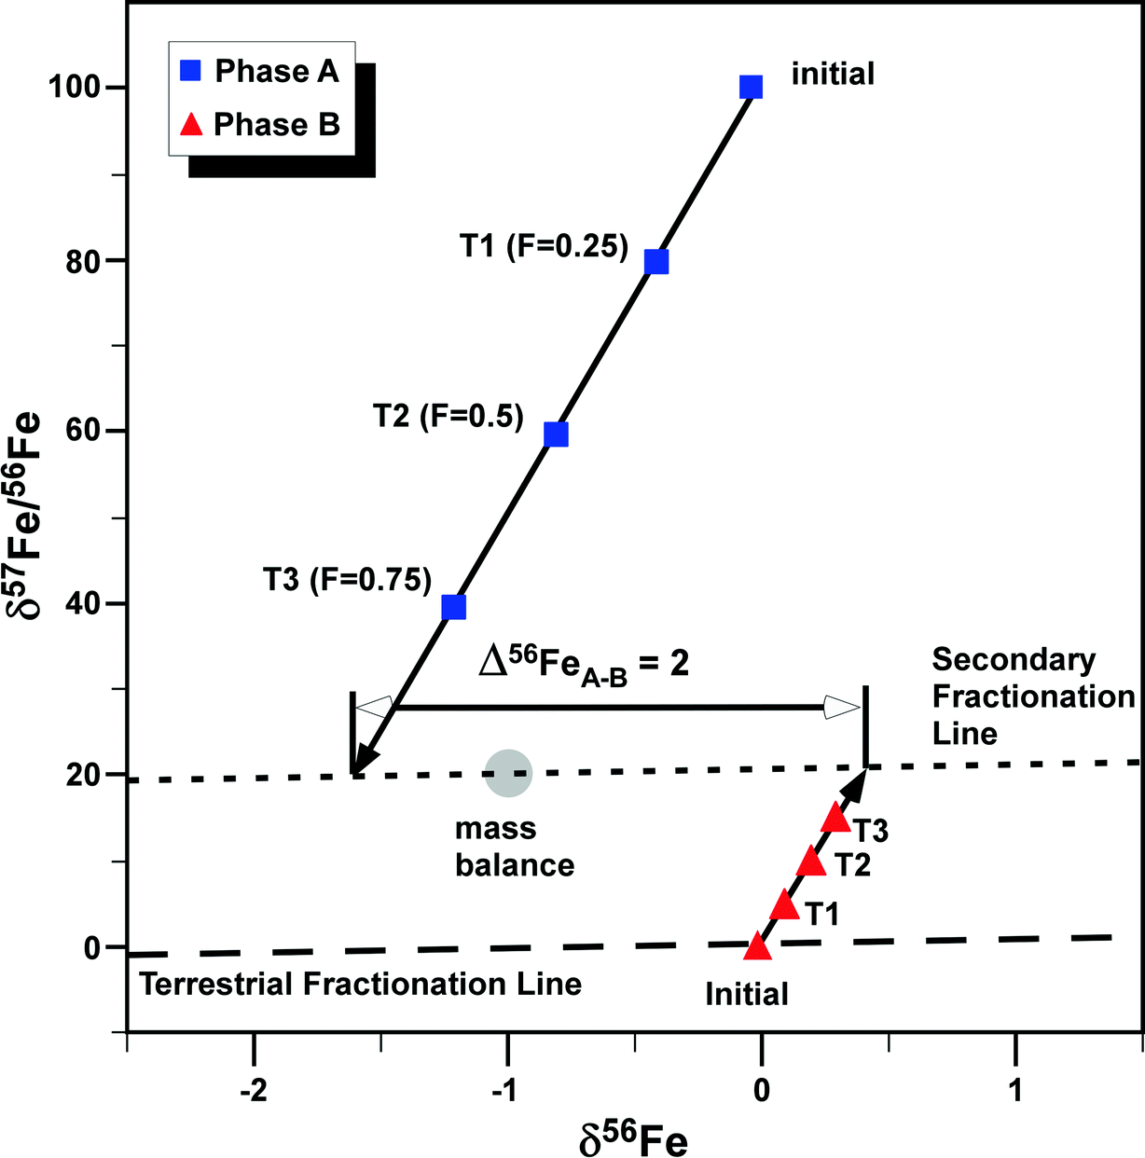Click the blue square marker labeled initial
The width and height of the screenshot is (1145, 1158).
point(751,88)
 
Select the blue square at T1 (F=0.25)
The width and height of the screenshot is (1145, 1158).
point(656,261)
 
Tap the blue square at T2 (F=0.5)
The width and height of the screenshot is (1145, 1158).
point(556,434)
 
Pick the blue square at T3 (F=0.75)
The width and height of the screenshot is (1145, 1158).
point(453,607)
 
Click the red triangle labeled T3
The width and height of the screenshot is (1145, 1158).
point(836,818)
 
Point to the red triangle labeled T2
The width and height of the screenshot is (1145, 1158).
point(811,862)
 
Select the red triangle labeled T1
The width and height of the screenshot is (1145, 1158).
point(785,904)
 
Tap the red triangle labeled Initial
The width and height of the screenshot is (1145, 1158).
point(757,947)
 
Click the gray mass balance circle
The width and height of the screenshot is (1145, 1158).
point(508,773)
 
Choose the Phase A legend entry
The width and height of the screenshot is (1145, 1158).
point(261,71)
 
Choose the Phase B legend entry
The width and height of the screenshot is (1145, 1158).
point(261,124)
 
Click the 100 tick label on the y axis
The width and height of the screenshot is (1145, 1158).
point(76,88)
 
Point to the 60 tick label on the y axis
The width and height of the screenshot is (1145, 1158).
point(84,431)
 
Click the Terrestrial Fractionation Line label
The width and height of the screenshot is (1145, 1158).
point(361,984)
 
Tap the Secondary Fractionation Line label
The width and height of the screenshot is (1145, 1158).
point(1030,696)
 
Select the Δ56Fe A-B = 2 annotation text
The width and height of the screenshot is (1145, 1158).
point(584,664)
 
